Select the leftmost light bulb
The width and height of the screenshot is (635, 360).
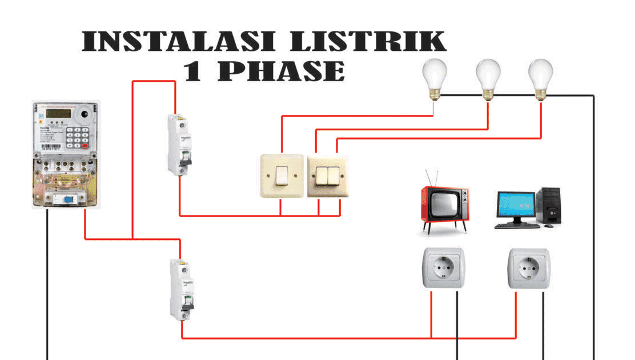coord(434,77)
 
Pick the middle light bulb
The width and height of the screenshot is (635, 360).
coord(488,77)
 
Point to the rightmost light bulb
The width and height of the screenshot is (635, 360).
coord(540,77)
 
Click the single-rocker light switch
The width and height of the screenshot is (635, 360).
coord(282,176)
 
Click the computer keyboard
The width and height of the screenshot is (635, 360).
coord(517,226)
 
